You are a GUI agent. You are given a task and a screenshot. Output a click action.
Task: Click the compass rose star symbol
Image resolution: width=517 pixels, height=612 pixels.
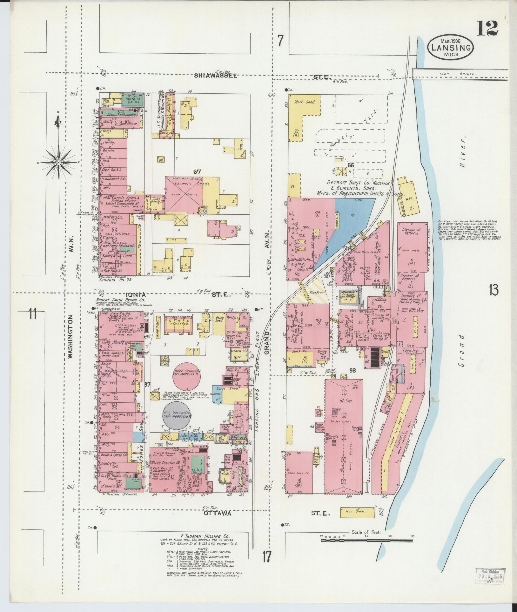pyautogui.click(x=59, y=163)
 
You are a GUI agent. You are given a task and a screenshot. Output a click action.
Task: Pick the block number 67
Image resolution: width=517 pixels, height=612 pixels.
pyautogui.click(x=197, y=172)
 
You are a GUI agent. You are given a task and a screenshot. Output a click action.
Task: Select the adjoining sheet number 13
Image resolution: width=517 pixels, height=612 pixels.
pyautogui.click(x=493, y=290)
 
